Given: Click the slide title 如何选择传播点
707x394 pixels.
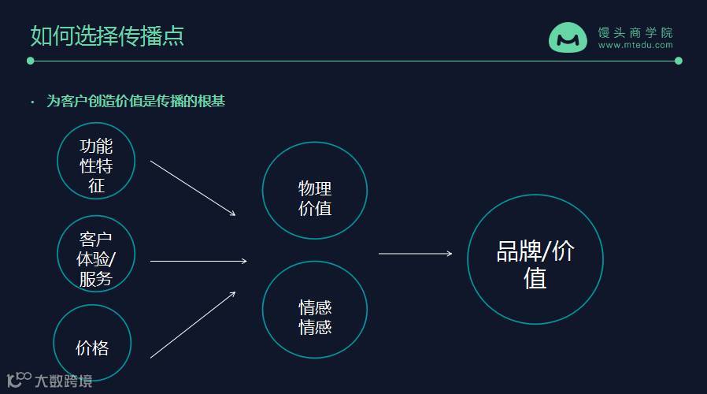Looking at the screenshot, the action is click(107, 35).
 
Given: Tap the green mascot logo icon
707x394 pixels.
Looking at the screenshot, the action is click(568, 38).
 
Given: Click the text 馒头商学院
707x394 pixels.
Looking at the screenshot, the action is click(635, 32).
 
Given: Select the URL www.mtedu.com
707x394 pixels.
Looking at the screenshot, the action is click(635, 46).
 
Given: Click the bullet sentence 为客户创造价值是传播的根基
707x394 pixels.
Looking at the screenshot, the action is click(136, 101).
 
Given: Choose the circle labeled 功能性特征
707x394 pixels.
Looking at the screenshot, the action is click(96, 162).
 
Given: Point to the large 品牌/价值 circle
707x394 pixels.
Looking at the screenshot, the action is click(535, 259).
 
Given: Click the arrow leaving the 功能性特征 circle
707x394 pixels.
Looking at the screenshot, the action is click(193, 188).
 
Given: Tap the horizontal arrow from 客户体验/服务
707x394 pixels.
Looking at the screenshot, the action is click(198, 261).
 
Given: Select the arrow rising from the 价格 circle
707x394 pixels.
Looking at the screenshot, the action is click(193, 325).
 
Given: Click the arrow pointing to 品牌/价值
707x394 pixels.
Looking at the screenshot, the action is click(416, 254).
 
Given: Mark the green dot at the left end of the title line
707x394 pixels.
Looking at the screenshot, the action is click(31, 61).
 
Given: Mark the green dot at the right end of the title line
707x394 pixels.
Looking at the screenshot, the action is click(679, 61).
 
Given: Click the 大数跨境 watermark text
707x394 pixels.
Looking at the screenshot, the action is click(63, 381).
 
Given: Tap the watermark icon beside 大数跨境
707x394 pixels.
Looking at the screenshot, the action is click(18, 379).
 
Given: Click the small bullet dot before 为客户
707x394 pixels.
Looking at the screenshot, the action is click(32, 102).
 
